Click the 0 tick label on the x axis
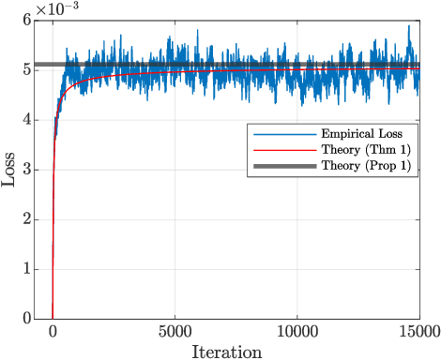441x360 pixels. (53, 331)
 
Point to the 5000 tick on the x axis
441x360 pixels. (175, 331)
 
